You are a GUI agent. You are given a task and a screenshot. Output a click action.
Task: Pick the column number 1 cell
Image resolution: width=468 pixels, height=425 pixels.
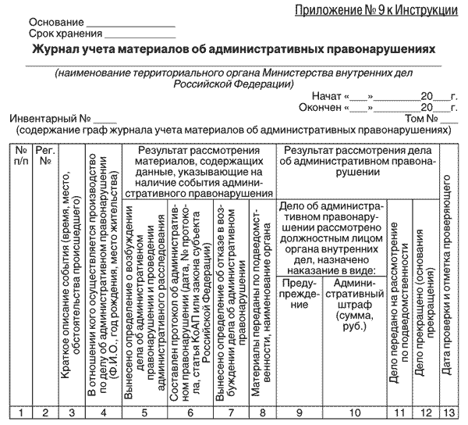23,413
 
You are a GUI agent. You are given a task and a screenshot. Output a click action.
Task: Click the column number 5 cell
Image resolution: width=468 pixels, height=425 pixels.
146,413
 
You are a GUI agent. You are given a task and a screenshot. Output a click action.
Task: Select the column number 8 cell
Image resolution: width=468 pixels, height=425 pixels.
261,413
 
